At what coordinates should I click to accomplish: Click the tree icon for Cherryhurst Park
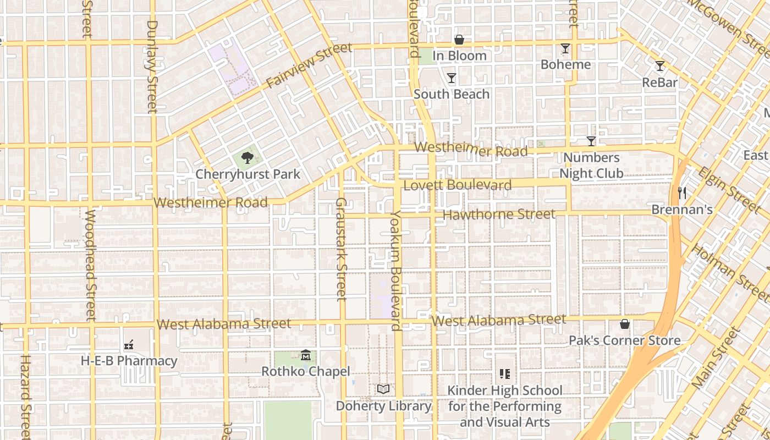(x=248, y=158)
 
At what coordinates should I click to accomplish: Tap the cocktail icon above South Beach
(x=452, y=78)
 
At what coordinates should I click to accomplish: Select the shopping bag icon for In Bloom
(x=459, y=40)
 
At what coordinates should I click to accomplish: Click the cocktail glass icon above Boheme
(x=565, y=48)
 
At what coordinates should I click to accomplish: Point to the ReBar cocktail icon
(x=660, y=66)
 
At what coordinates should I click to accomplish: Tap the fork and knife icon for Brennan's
(x=682, y=193)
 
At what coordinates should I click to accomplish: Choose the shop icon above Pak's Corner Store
(x=625, y=324)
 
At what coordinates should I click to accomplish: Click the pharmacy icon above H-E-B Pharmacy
(x=129, y=345)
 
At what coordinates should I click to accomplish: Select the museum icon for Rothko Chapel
(x=306, y=355)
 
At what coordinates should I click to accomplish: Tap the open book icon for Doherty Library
(x=383, y=389)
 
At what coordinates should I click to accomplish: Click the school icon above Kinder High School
(x=505, y=375)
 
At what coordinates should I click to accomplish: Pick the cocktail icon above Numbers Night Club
(x=591, y=141)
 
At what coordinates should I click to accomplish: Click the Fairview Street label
(x=309, y=65)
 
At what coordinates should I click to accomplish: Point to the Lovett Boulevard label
(x=458, y=185)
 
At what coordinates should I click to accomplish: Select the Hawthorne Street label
(x=499, y=215)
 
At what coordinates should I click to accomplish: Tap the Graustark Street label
(x=341, y=249)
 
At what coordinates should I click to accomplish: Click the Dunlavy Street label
(x=152, y=66)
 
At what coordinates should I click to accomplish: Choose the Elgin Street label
(x=728, y=190)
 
